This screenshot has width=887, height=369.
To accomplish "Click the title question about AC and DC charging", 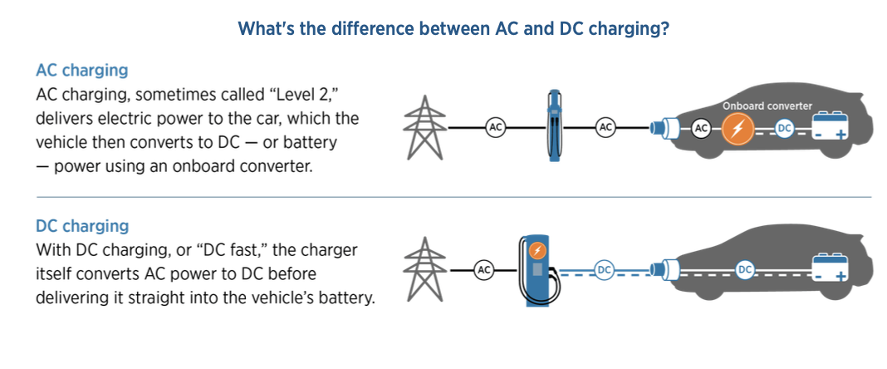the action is coord(453,29).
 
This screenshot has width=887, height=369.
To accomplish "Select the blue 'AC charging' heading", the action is coord(82,71).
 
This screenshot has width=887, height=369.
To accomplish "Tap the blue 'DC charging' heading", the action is coord(82,226).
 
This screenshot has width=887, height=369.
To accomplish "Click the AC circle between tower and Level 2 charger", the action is coord(496,128).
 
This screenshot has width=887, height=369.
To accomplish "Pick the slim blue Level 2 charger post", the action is coord(555,125).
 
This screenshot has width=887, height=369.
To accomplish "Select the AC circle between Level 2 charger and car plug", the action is coord(605,128).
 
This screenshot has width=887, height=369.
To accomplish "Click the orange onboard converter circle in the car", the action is coord(737,129).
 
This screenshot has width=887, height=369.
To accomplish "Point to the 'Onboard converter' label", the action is coord(767,106).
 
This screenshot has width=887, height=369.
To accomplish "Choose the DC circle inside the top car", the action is coord(784,129).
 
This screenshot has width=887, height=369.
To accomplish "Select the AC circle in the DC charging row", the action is coord(483,270).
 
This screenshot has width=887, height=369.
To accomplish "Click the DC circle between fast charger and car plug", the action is coord(604,271).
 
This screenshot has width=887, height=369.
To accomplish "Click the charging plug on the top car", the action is coord(661,127).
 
